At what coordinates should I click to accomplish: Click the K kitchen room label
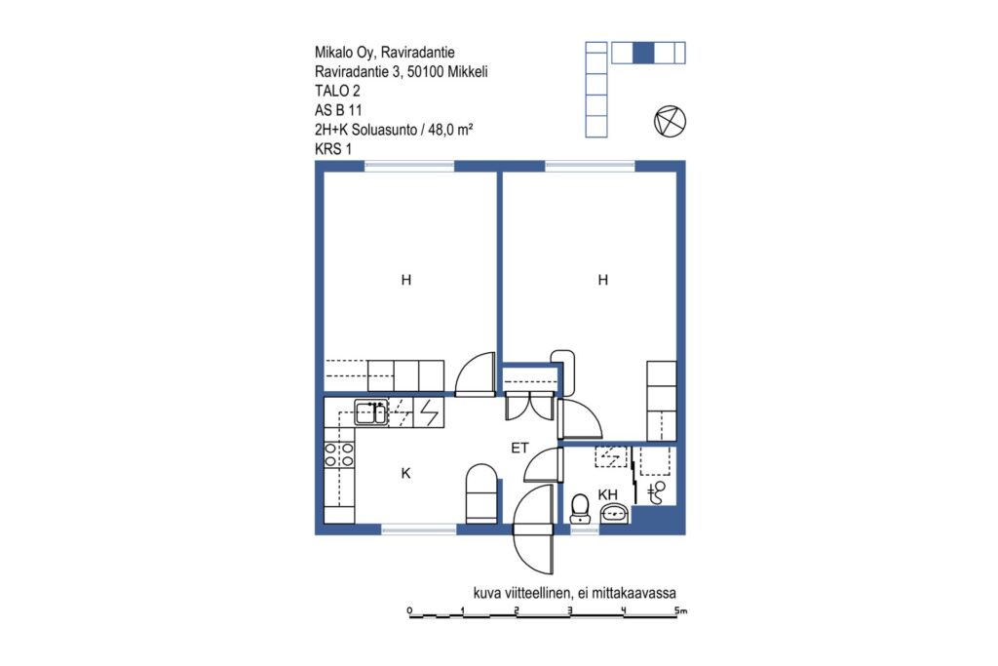pos(406,473)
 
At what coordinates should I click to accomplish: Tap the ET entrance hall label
pos(520,448)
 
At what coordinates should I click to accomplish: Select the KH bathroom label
pos(608,494)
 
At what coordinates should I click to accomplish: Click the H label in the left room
pos(406,280)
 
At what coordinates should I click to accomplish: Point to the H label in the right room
pos(602,280)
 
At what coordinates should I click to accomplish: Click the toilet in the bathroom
pos(580,509)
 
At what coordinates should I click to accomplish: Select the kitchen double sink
pos(370,412)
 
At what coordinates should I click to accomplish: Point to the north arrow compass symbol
pos(671,121)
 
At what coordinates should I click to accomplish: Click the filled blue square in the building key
pos(643,53)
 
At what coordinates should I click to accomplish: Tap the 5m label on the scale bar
pos(681,610)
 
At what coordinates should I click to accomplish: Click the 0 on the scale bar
pos(409,610)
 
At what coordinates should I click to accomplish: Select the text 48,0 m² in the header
pos(450,130)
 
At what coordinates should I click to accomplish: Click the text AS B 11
pos(338,110)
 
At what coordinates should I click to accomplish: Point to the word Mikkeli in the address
pos(467,72)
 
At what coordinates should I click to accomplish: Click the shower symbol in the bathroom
pos(656,492)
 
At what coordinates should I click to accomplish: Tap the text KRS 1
pos(333,149)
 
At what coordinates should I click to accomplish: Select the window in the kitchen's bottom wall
pos(419,529)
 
